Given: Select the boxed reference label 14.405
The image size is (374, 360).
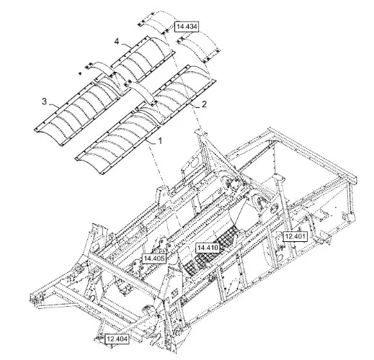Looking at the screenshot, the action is coord(154,258).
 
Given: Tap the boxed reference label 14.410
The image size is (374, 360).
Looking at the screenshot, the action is coord(208,248).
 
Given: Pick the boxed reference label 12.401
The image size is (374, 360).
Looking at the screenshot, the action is coord(295,237).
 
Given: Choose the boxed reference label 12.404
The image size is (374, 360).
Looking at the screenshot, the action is coord(117,339).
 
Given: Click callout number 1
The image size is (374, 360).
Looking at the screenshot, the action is coord(160,140).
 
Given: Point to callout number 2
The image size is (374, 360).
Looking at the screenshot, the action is coord(204,104).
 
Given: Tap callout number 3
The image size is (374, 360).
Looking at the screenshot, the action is coord(45,102).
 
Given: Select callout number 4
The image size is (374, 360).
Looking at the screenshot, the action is coord(117,42).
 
